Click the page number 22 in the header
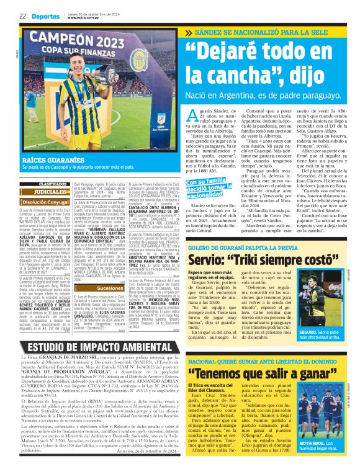point(22,16)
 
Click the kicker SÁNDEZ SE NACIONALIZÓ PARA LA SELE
point(271,33)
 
